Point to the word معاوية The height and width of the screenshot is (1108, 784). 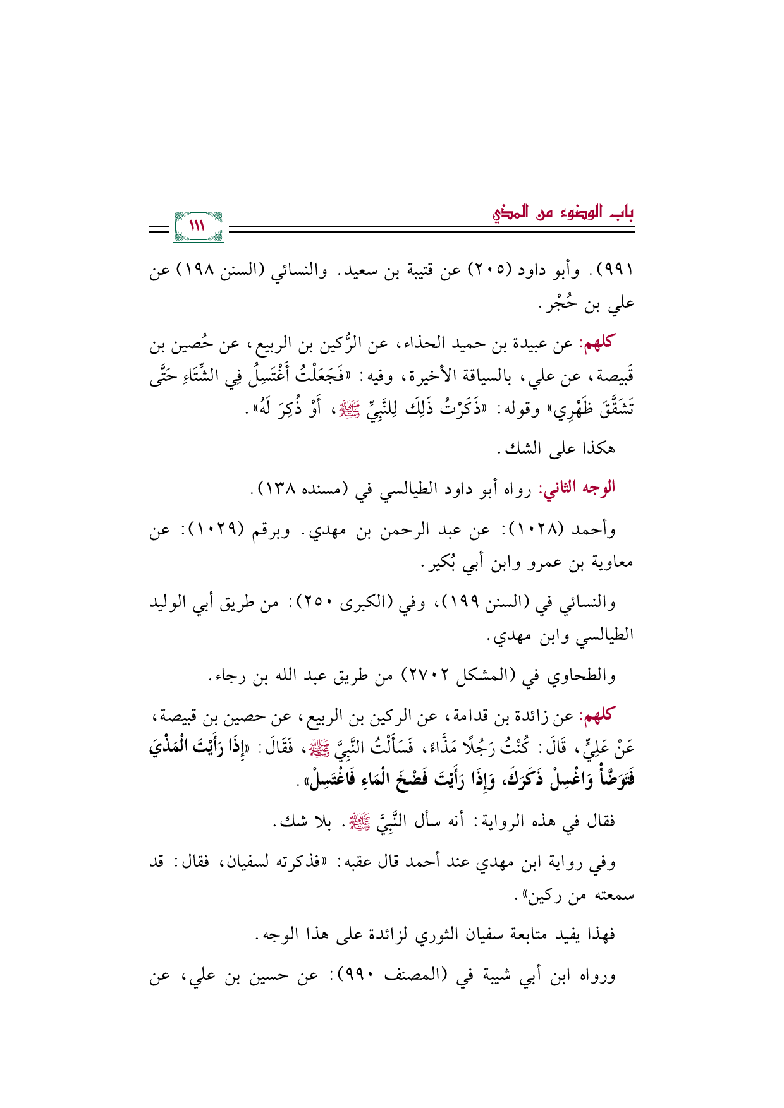611,562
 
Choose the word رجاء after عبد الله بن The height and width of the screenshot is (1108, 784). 228,677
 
